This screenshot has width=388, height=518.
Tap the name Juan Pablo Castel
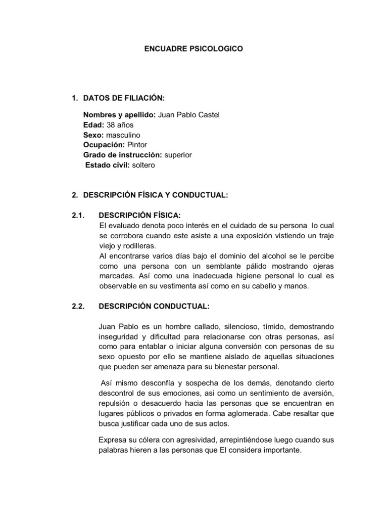[x=189, y=115]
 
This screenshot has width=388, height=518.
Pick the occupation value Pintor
[x=137, y=145]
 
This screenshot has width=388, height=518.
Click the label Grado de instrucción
[x=122, y=155]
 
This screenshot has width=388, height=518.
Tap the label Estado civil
[x=108, y=165]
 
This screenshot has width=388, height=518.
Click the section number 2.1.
[x=78, y=215]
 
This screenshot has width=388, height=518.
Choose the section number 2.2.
[x=78, y=306]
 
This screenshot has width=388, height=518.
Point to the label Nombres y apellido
[x=120, y=115]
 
